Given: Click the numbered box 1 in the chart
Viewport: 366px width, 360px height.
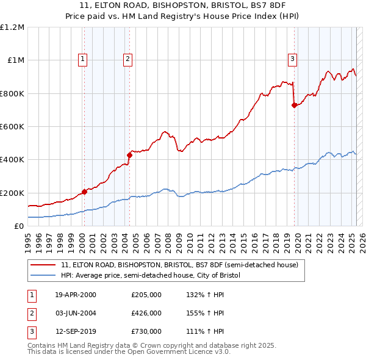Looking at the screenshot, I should pyautogui.click(x=82, y=59).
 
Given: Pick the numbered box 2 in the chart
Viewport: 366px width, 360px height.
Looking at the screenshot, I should pyautogui.click(x=127, y=59).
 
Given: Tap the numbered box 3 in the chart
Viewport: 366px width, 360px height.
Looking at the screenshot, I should pyautogui.click(x=293, y=59).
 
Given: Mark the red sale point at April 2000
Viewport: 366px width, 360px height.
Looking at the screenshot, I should pyautogui.click(x=84, y=192).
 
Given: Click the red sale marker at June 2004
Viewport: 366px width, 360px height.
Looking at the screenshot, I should pyautogui.click(x=129, y=156).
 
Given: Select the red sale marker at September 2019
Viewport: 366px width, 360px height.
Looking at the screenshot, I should pyautogui.click(x=294, y=105).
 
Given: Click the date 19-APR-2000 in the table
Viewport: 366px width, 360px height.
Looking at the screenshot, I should pyautogui.click(x=76, y=295).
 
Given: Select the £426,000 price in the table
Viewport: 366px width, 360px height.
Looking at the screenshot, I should pyautogui.click(x=146, y=313).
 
